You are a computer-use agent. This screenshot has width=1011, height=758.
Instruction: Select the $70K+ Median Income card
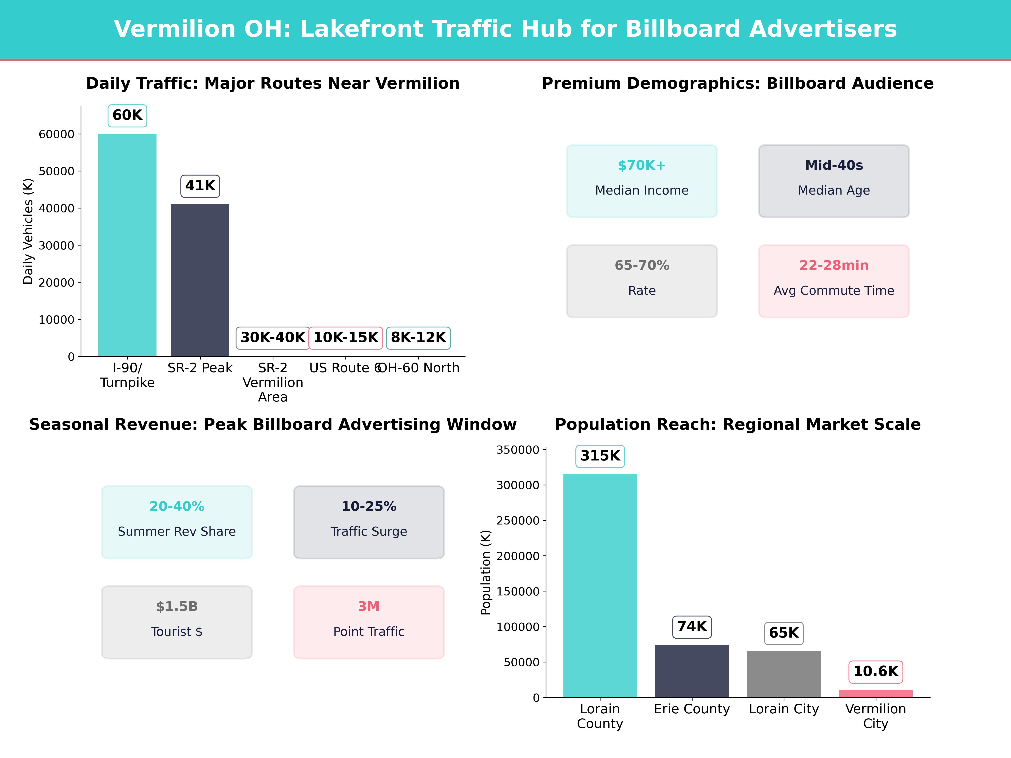coord(642,181)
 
